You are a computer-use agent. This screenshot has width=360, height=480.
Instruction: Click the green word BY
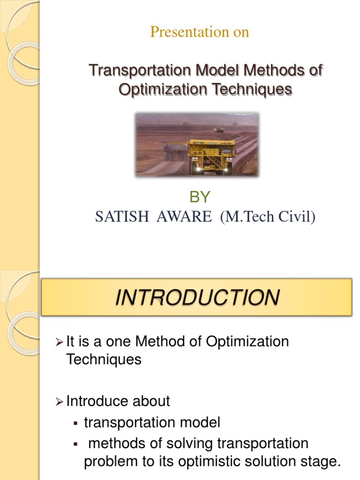(200, 197)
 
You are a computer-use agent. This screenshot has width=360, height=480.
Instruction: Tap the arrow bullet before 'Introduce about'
(59, 402)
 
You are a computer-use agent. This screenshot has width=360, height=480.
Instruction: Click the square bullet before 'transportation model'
(75, 423)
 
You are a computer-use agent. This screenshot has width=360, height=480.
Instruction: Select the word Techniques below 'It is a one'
(104, 360)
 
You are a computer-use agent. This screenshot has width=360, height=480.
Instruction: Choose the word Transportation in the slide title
(141, 70)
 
